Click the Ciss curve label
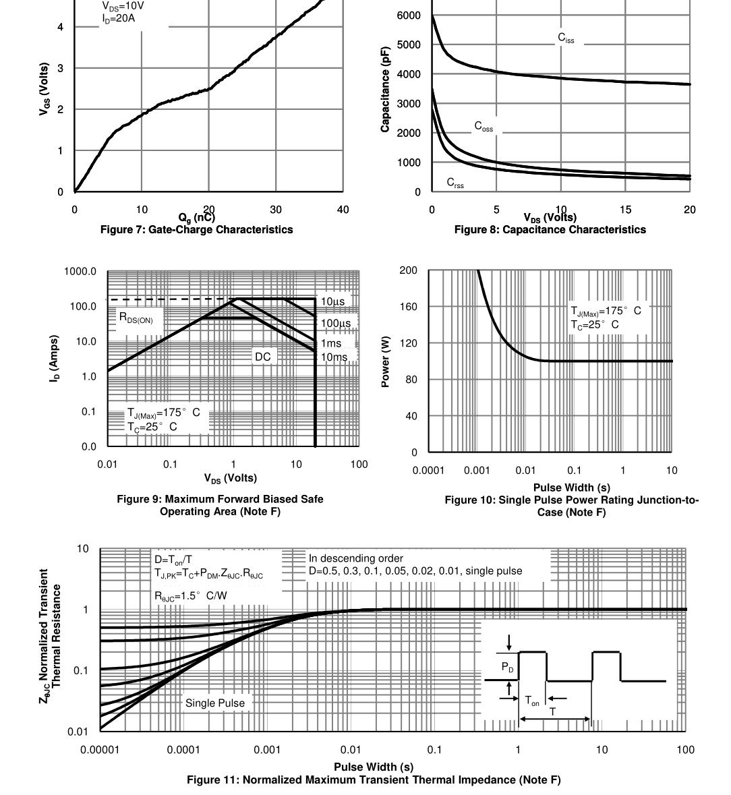click(x=566, y=38)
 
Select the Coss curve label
click(x=484, y=126)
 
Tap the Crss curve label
click(x=455, y=183)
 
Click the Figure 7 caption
click(x=197, y=230)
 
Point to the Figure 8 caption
click(x=550, y=230)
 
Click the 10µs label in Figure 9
click(x=332, y=301)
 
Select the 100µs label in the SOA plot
click(x=336, y=324)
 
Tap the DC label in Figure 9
click(x=262, y=357)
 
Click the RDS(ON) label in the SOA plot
click(x=136, y=318)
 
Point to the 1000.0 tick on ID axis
click(x=80, y=272)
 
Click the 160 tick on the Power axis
click(x=408, y=307)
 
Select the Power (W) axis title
click(x=386, y=361)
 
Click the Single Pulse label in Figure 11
click(x=215, y=703)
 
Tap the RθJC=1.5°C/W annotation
click(x=191, y=595)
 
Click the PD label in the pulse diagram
click(x=507, y=668)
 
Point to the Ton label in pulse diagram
click(x=532, y=701)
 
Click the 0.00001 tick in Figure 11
click(x=100, y=750)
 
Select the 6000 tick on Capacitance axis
click(x=409, y=16)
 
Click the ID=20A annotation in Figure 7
click(x=118, y=19)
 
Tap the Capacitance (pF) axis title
click(x=386, y=90)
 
